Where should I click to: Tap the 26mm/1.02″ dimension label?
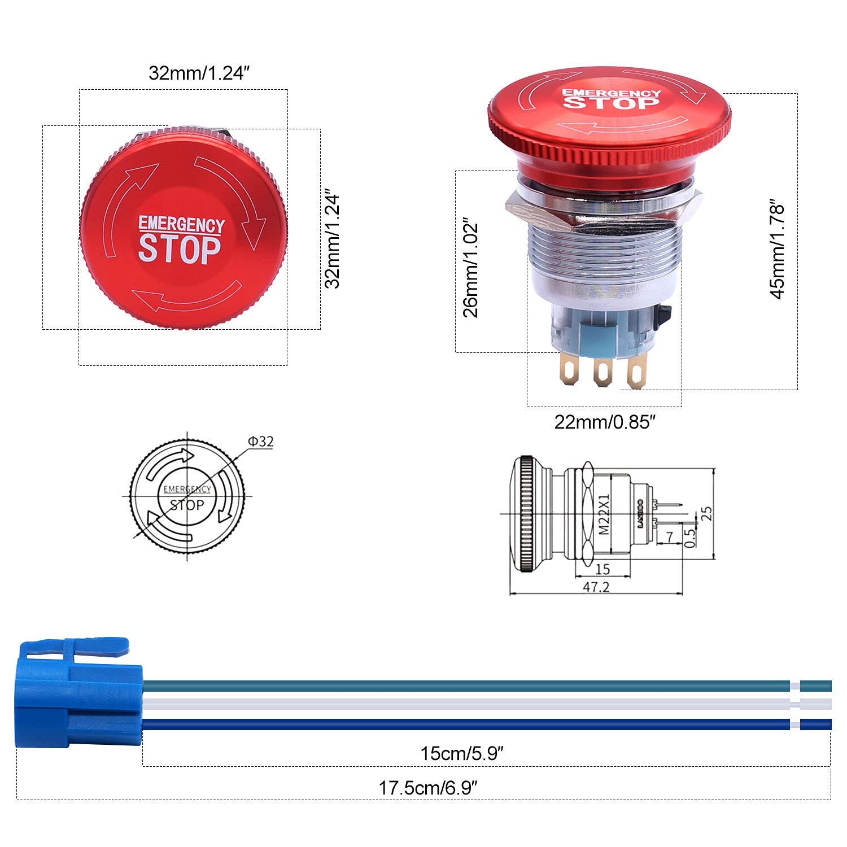471,267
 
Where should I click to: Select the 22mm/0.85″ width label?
605,422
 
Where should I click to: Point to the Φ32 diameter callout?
261,442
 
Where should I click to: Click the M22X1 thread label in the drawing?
604,514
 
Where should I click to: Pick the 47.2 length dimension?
596,587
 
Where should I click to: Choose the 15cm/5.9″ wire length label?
462,753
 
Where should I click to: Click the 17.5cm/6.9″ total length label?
428,788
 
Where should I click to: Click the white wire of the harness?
463,704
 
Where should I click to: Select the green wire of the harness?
463,686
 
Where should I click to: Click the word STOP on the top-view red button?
180,249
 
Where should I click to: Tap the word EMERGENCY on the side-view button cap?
611,93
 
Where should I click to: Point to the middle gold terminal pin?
602,373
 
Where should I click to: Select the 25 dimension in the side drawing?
706,513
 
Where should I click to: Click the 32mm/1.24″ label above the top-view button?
199,73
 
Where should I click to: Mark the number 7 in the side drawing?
670,536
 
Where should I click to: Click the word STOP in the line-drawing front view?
187,505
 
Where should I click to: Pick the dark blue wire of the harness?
463,724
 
